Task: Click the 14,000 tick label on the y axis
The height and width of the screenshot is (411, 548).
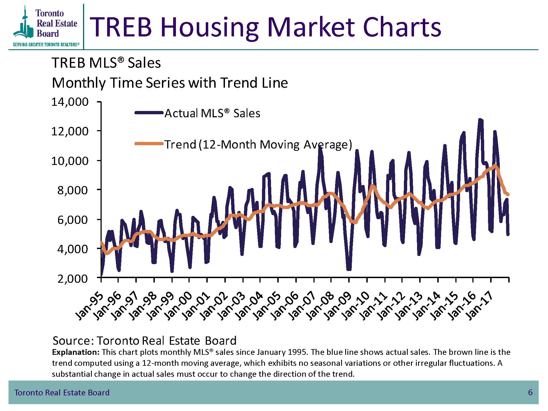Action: pos(70,102)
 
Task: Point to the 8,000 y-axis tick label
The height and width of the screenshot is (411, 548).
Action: pos(72,190)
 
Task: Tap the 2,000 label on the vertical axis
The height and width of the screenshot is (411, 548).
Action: pos(72,279)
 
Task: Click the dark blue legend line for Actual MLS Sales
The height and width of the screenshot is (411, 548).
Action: pos(149,113)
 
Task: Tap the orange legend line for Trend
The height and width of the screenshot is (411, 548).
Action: pos(149,144)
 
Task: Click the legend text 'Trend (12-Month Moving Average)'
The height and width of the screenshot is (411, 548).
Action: pos(258,144)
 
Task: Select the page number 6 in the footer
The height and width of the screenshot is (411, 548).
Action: pos(530,392)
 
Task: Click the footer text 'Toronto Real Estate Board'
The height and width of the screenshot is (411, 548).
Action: pos(62,393)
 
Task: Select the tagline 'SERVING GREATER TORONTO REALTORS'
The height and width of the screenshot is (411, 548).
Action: pos(46,45)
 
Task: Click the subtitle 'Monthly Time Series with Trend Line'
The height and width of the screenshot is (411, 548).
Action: pos(170,83)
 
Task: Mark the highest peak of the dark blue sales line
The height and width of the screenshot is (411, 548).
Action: pos(480,120)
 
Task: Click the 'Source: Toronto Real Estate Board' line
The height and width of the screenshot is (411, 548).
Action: pos(144,341)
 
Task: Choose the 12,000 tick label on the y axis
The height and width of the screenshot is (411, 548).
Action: pos(70,132)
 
